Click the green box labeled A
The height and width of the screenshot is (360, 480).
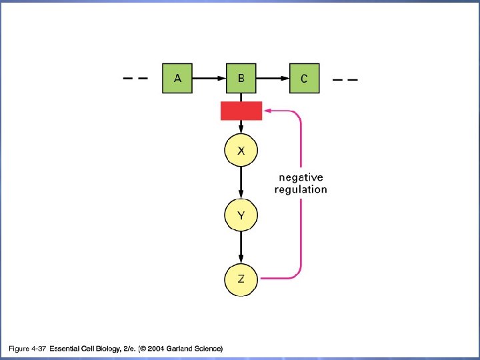coord(177,78)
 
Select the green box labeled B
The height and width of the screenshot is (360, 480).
coord(241,78)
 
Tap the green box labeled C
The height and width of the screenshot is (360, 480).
coord(304,78)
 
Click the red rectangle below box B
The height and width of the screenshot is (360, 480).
coord(241,111)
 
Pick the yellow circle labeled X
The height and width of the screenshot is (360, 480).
coord(241,151)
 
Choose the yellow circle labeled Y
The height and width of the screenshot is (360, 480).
coord(241,215)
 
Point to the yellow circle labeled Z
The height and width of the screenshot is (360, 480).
coord(241,279)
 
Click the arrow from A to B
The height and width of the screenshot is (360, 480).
coord(209,78)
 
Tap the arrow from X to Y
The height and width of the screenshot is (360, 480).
coord(241,183)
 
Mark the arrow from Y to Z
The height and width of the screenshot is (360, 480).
coord(241,247)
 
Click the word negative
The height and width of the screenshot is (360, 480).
coord(301,177)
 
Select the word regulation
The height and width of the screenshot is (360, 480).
coord(301,189)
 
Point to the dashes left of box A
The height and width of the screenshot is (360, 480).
coord(135,78)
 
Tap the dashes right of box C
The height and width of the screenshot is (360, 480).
coord(345,79)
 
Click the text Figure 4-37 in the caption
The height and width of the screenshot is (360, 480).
coord(27,349)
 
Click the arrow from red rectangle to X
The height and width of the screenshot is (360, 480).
coord(241,127)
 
